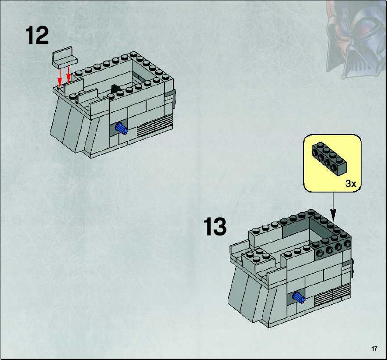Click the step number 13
(x=215, y=226)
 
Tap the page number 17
(x=374, y=349)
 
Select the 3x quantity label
(x=351, y=183)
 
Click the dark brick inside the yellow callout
(x=329, y=159)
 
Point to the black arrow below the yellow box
(x=333, y=207)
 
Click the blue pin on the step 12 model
(x=122, y=128)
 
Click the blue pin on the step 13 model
(x=299, y=297)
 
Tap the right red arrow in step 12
(x=68, y=74)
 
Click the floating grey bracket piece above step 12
(x=64, y=58)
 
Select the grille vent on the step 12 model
(x=155, y=126)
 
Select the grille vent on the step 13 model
(x=332, y=295)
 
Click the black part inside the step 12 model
(x=115, y=89)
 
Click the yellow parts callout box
(x=332, y=163)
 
